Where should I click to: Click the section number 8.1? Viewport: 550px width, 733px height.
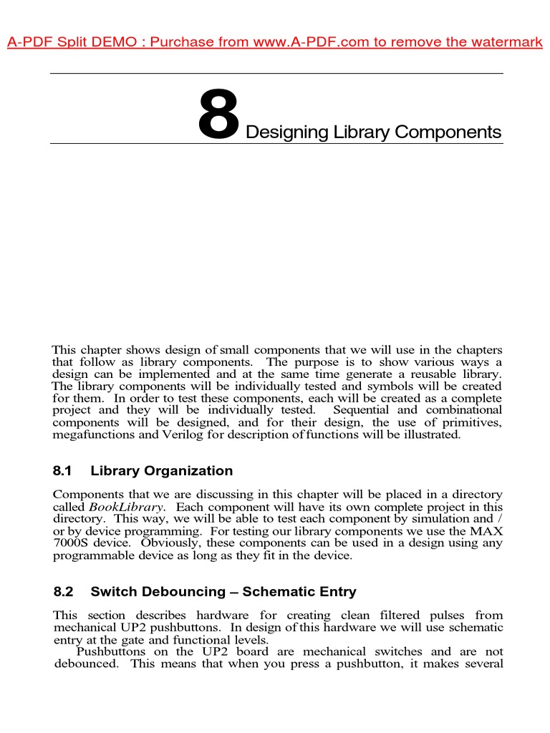pyautogui.click(x=64, y=471)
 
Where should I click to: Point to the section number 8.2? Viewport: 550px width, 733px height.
pyautogui.click(x=64, y=592)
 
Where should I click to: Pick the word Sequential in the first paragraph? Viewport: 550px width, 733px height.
pyautogui.click(x=364, y=410)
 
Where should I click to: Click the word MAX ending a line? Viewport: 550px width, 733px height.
pyautogui.click(x=488, y=531)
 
